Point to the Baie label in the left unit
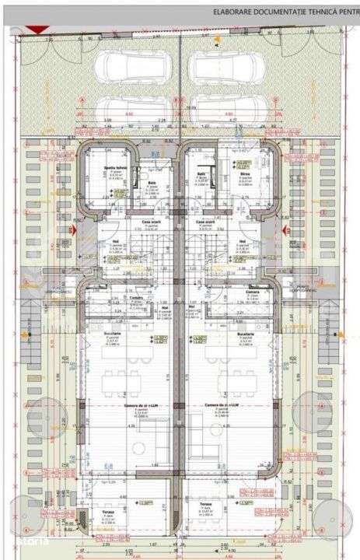(x=152, y=184)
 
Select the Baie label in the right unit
(x=201, y=173)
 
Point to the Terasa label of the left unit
(x=108, y=512)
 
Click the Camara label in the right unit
(x=252, y=292)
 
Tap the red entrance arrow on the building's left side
(x=72, y=231)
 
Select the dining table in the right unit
(x=233, y=381)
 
